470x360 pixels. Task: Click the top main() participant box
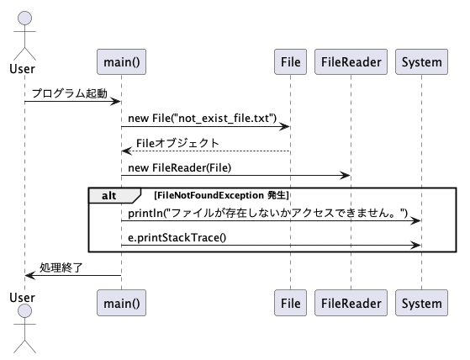point(121,61)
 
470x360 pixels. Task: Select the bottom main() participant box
point(121,303)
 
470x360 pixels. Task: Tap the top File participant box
point(290,61)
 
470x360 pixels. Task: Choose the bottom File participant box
point(290,303)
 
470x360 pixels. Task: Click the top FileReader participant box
point(351,61)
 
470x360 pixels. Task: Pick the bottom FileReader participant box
point(351,303)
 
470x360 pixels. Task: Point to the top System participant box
point(422,61)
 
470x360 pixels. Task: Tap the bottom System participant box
point(422,303)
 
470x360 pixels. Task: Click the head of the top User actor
point(24,18)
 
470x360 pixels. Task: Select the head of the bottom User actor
point(24,311)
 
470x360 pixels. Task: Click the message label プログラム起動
point(70,93)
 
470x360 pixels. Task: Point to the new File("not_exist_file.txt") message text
point(203,119)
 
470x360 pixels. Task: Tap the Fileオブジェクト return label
point(177,143)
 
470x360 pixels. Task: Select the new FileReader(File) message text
point(180,168)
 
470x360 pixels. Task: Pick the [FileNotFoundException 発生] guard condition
point(221,195)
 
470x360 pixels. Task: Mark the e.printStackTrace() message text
point(177,238)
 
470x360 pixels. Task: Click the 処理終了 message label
point(61,267)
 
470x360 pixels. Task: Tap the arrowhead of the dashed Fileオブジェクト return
point(126,151)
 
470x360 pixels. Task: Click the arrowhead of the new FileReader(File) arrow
point(345,176)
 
